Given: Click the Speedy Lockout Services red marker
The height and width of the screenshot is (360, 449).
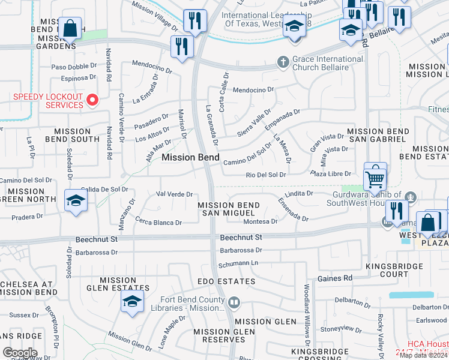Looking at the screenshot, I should [92, 100].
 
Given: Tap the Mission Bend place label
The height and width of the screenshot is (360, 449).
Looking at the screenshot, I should [187, 157].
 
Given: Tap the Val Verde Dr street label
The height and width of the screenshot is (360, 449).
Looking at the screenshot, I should [174, 194].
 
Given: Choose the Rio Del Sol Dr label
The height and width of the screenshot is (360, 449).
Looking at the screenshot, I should [266, 175].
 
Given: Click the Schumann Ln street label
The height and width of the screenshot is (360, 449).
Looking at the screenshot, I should [238, 263].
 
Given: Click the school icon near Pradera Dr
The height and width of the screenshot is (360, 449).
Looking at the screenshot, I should [76, 201].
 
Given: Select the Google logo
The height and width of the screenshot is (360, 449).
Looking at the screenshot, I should [20, 353].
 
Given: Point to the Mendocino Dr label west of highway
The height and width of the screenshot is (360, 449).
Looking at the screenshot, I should [139, 62].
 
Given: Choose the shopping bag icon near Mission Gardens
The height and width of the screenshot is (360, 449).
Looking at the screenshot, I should [71, 28].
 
